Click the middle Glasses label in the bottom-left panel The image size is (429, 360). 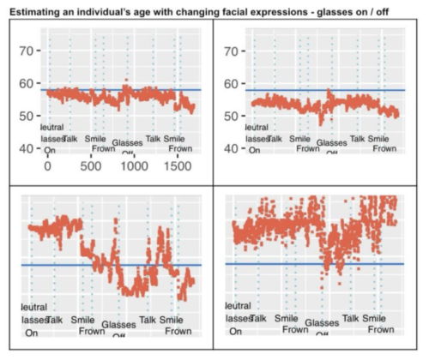pyautogui.click(x=118, y=325)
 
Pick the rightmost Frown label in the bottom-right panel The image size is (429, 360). pyautogui.click(x=381, y=329)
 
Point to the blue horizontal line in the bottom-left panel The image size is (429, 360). pyautogui.click(x=112, y=265)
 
